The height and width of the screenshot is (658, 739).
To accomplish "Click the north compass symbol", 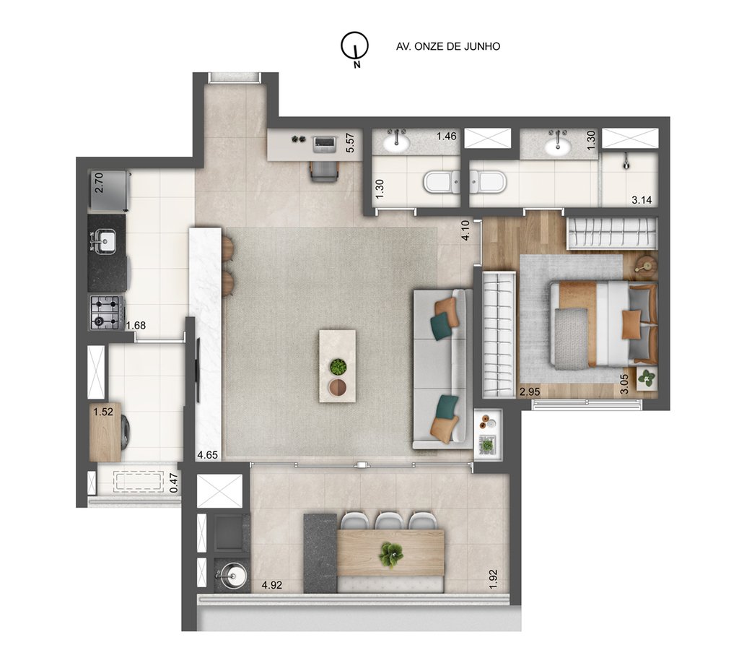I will (x=354, y=46).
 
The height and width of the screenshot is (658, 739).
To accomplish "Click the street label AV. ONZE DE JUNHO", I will (x=448, y=46).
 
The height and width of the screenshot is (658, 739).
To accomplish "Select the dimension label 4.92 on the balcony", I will (x=273, y=585).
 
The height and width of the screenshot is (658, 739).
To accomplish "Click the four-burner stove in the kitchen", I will (x=105, y=312).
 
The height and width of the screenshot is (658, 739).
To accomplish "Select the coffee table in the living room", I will (x=337, y=365).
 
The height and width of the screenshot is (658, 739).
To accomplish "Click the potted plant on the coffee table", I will (x=338, y=367).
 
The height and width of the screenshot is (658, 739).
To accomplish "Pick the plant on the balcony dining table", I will (x=390, y=554).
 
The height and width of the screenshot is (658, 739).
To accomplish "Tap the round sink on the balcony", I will (x=229, y=576).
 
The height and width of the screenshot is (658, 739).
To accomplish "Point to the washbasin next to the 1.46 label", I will (x=396, y=144).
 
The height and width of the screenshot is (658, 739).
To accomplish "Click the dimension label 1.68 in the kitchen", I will (x=136, y=325).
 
